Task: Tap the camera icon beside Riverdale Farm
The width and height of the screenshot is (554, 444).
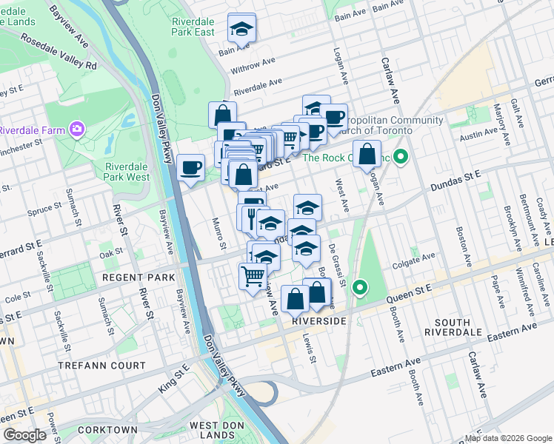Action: point(78,130)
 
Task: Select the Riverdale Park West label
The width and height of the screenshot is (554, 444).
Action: point(127,172)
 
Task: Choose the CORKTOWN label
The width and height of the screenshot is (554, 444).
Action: point(107,430)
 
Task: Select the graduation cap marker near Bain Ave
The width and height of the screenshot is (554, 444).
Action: point(241,28)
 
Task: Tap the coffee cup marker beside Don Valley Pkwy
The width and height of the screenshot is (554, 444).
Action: point(191,166)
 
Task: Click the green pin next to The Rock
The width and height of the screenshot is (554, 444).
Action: point(401,157)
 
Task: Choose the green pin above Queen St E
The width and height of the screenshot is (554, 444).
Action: point(360,287)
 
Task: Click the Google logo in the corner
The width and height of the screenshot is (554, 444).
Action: point(25,435)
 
